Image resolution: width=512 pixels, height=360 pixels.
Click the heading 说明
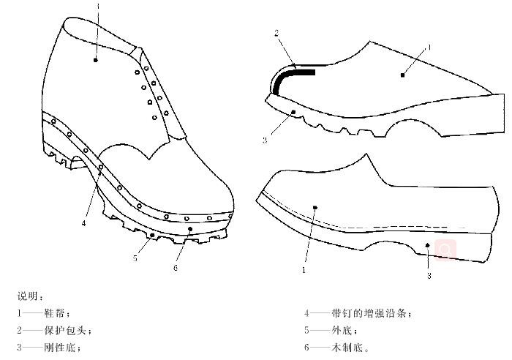click(x=30, y=296)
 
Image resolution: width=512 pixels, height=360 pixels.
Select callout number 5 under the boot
click(x=135, y=258)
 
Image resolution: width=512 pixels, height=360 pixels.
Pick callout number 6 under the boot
click(x=176, y=267)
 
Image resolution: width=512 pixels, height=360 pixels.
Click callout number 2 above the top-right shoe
click(x=277, y=33)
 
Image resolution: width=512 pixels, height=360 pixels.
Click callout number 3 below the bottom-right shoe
click(x=429, y=276)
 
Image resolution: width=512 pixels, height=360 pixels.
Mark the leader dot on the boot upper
click(x=96, y=60)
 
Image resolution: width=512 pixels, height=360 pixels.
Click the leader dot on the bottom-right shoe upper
click(x=315, y=208)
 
